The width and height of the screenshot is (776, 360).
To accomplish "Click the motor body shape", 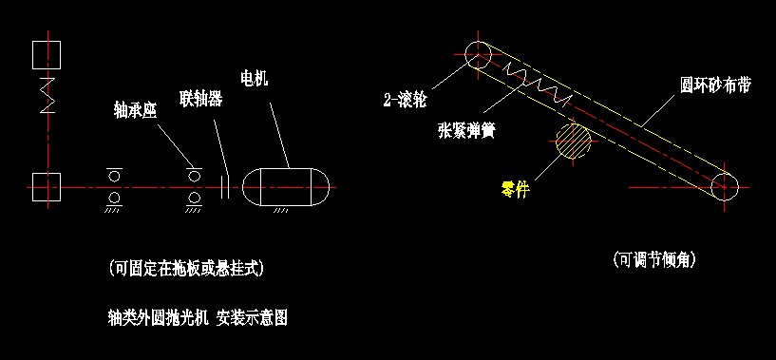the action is [x=286, y=185].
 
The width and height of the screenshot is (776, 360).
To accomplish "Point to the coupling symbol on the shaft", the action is [x=225, y=185].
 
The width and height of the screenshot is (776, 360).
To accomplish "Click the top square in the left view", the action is [x=47, y=54].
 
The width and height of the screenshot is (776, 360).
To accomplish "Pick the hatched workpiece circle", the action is [x=574, y=142].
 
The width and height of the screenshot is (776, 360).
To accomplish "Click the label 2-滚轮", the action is [x=406, y=97].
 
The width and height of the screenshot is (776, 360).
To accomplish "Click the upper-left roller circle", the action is [x=477, y=53].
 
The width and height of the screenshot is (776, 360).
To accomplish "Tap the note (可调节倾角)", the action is [x=655, y=258].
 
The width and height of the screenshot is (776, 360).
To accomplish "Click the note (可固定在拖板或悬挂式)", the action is [x=186, y=269].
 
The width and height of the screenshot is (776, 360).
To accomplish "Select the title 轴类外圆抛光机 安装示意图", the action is [x=199, y=318].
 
